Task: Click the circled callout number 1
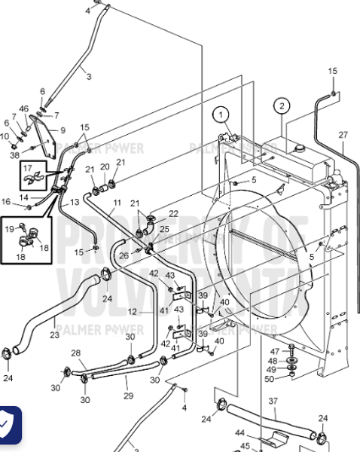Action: click(221, 115)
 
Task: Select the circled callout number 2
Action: click(281, 105)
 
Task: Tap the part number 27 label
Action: click(343, 135)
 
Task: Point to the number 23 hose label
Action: click(55, 335)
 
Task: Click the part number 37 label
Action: click(273, 401)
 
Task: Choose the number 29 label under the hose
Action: click(128, 395)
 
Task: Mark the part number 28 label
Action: click(75, 353)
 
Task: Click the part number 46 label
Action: click(25, 109)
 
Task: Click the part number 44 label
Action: click(240, 435)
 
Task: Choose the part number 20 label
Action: click(105, 166)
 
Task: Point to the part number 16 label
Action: click(7, 201)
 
